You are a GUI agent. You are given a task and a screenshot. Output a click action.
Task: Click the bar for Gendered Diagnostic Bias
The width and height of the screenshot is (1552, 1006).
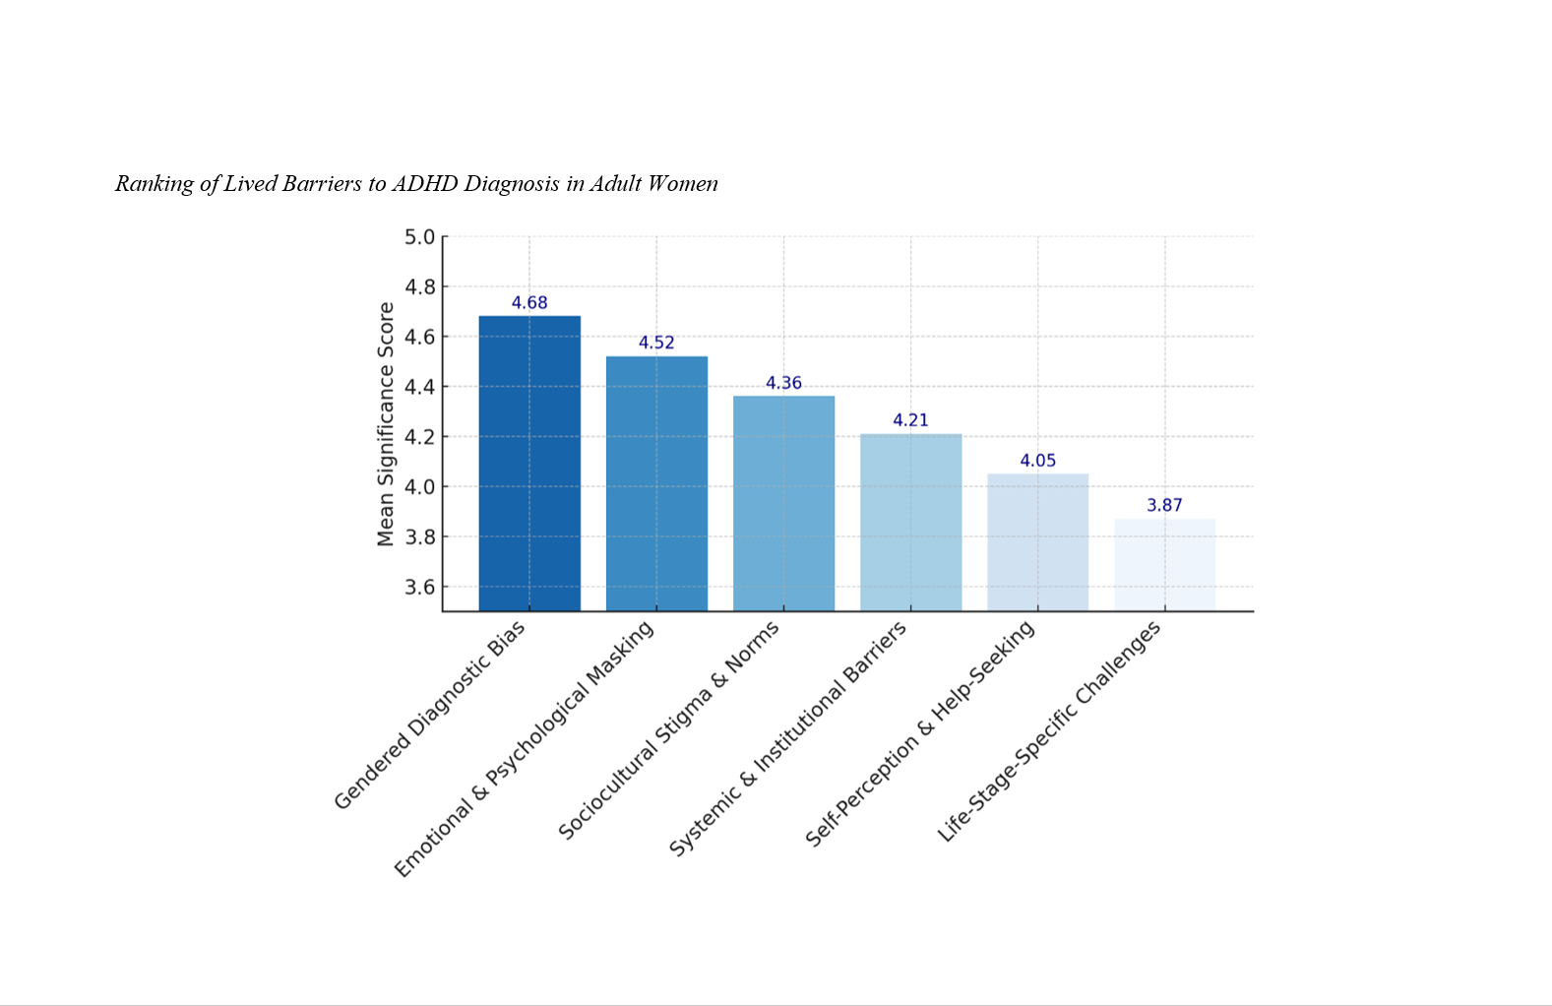529,463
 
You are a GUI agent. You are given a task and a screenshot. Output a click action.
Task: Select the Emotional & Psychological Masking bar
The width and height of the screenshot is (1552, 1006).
656,482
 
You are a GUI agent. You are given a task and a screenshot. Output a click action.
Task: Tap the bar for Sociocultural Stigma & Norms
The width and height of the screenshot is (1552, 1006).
783,502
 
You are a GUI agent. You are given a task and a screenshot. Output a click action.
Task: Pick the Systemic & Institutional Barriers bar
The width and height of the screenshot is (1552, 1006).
910,522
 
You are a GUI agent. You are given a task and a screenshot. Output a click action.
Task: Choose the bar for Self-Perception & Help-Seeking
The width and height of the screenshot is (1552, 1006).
1037,541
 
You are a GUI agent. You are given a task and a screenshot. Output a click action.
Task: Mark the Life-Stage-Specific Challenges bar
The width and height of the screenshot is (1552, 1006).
1164,564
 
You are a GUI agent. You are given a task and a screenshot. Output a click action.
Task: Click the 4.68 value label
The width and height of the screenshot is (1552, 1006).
529,303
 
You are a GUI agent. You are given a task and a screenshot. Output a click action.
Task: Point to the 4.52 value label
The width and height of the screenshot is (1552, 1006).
656,343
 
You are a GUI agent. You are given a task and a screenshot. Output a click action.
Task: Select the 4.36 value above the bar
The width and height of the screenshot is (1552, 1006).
783,383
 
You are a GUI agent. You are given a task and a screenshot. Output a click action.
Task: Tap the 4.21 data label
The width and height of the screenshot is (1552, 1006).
910,420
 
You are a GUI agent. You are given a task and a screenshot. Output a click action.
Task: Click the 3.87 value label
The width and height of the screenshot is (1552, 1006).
1164,505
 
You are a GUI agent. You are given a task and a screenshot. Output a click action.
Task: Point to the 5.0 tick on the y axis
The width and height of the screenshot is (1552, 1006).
419,237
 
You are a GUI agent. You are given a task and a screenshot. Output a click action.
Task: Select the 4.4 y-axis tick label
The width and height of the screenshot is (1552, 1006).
419,387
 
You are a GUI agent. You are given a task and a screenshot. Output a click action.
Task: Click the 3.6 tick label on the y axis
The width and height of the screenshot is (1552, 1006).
419,588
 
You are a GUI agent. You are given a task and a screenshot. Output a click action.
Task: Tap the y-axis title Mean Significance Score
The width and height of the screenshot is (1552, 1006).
386,424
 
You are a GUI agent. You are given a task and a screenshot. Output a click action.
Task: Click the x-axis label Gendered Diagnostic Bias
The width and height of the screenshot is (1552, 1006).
430,716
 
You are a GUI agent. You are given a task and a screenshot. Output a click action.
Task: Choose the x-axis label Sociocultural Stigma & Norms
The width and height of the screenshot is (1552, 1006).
668,730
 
